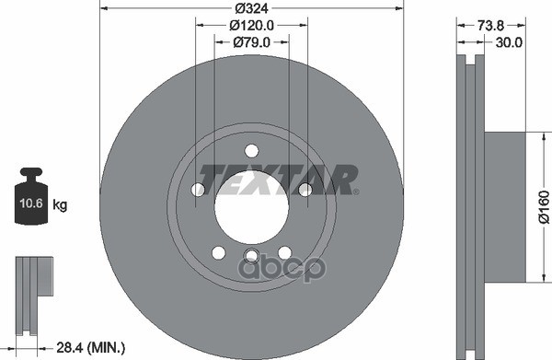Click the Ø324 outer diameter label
251,7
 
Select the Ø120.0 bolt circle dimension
251,25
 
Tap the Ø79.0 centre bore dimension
251,42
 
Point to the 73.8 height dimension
490,26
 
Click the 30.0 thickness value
509,42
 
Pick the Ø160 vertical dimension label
544,207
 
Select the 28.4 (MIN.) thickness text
90,348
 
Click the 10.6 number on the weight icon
31,203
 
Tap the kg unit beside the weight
60,204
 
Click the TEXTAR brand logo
278,180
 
